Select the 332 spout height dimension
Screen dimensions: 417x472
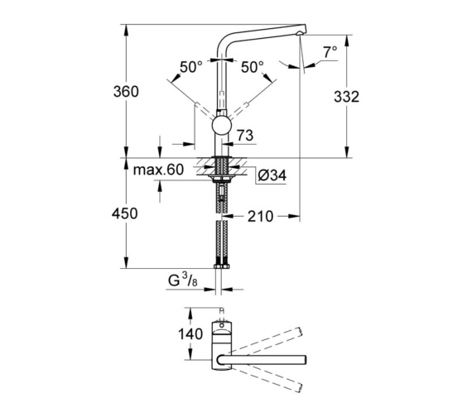coord(347,97)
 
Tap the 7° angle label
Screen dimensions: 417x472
coord(330,51)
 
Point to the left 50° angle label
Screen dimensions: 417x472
coord(190,65)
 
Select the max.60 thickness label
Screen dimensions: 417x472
coord(158,170)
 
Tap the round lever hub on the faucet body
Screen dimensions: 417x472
coord(221,125)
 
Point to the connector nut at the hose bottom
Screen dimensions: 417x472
coord(221,266)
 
